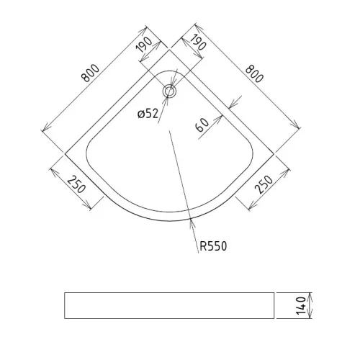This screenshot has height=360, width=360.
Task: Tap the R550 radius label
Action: point(213,246)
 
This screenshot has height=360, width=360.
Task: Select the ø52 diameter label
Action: point(148,114)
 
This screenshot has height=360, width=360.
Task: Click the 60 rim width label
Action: point(202,125)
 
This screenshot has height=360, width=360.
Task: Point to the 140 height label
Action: point(301,306)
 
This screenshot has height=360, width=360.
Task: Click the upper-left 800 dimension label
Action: point(90,73)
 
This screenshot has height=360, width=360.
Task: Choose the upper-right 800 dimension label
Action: point(254,74)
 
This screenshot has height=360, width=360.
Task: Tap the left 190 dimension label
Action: point(144,45)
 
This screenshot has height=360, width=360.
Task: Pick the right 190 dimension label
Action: point(198,42)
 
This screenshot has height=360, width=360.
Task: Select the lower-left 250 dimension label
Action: point(76,184)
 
